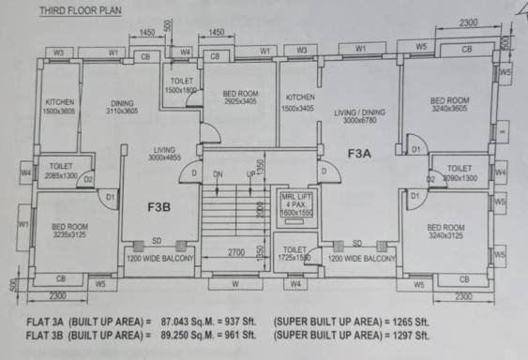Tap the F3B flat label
pyautogui.click(x=159, y=206)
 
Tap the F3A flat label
pyautogui.click(x=361, y=152)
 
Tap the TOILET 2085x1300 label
pyautogui.click(x=58, y=170)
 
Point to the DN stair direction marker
pyautogui.click(x=218, y=174)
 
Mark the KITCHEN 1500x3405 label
pyautogui.click(x=301, y=102)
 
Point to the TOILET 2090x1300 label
pyautogui.click(x=459, y=172)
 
